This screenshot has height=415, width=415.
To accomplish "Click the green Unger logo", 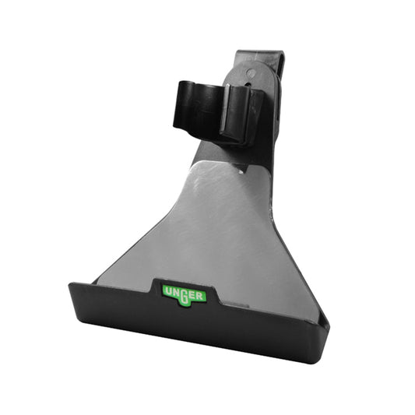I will (184, 294).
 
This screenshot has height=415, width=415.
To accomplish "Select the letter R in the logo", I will (202, 295).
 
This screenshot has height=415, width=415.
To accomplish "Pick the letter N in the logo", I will (174, 292).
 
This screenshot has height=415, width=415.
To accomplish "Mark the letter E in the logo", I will (194, 294).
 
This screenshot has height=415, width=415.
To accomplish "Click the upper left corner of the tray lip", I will (72, 285).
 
